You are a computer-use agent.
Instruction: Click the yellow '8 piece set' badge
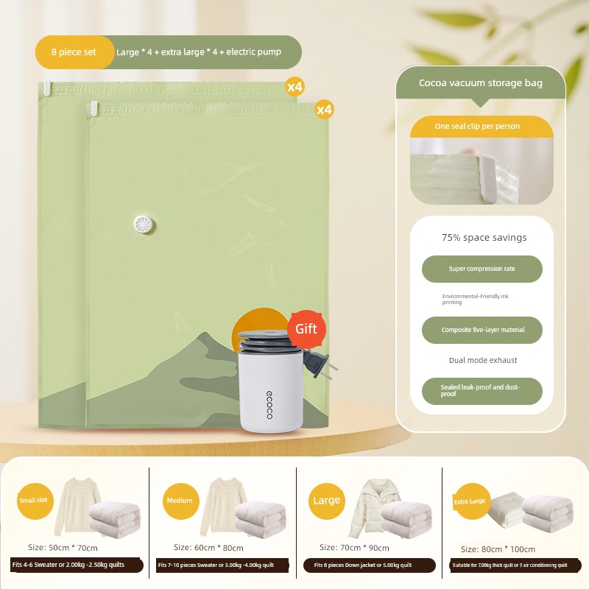(74, 52)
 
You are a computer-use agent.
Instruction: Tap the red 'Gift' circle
(306, 329)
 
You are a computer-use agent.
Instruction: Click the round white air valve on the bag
(143, 225)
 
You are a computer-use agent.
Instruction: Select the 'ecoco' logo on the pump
(269, 404)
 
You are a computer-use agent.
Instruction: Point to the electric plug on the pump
(320, 364)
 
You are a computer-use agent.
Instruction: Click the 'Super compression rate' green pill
(482, 269)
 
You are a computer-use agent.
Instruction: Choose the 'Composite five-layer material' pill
(482, 330)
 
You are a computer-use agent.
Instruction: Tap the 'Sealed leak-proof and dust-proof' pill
(482, 391)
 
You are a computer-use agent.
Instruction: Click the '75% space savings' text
(484, 237)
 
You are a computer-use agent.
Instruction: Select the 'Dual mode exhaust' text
(483, 360)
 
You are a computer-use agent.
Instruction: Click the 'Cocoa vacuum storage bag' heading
(481, 82)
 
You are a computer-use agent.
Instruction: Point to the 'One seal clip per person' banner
(482, 127)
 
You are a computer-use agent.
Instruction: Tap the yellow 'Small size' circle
(35, 501)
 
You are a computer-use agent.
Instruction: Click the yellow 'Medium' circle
(180, 501)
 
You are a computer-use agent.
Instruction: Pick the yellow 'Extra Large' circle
(472, 501)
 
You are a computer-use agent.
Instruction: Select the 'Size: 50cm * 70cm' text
(63, 548)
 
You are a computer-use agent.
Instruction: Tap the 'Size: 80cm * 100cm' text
(498, 549)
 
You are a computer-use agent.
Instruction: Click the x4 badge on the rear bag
(294, 87)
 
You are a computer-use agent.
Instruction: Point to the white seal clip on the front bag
(94, 108)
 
